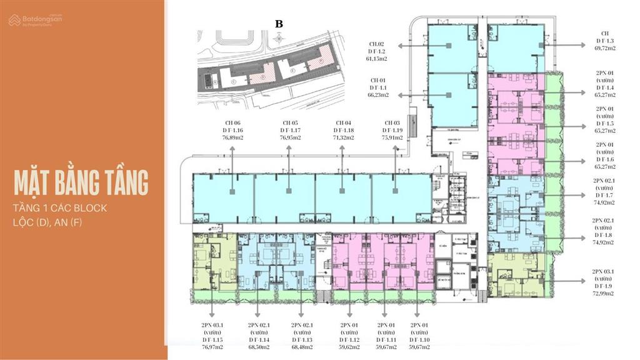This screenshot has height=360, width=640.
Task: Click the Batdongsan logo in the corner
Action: coord(36,21)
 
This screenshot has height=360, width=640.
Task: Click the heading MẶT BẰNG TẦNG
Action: coord(82,182)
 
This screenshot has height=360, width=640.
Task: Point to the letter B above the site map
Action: coord(279,23)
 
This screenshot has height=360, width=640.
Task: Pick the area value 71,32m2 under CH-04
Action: coord(342,137)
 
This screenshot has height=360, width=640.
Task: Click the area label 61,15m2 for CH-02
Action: coord(377,59)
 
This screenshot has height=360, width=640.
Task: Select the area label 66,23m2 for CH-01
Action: coord(377,96)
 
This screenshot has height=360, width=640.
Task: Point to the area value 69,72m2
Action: coord(604,47)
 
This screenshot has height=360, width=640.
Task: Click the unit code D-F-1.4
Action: coord(604,87)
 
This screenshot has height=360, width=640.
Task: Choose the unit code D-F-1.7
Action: coord(604,195)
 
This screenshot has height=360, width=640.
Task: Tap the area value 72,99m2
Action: coord(604,293)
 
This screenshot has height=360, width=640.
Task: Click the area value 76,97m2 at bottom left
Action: coord(212,348)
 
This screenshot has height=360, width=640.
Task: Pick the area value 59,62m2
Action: coord(349,348)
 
